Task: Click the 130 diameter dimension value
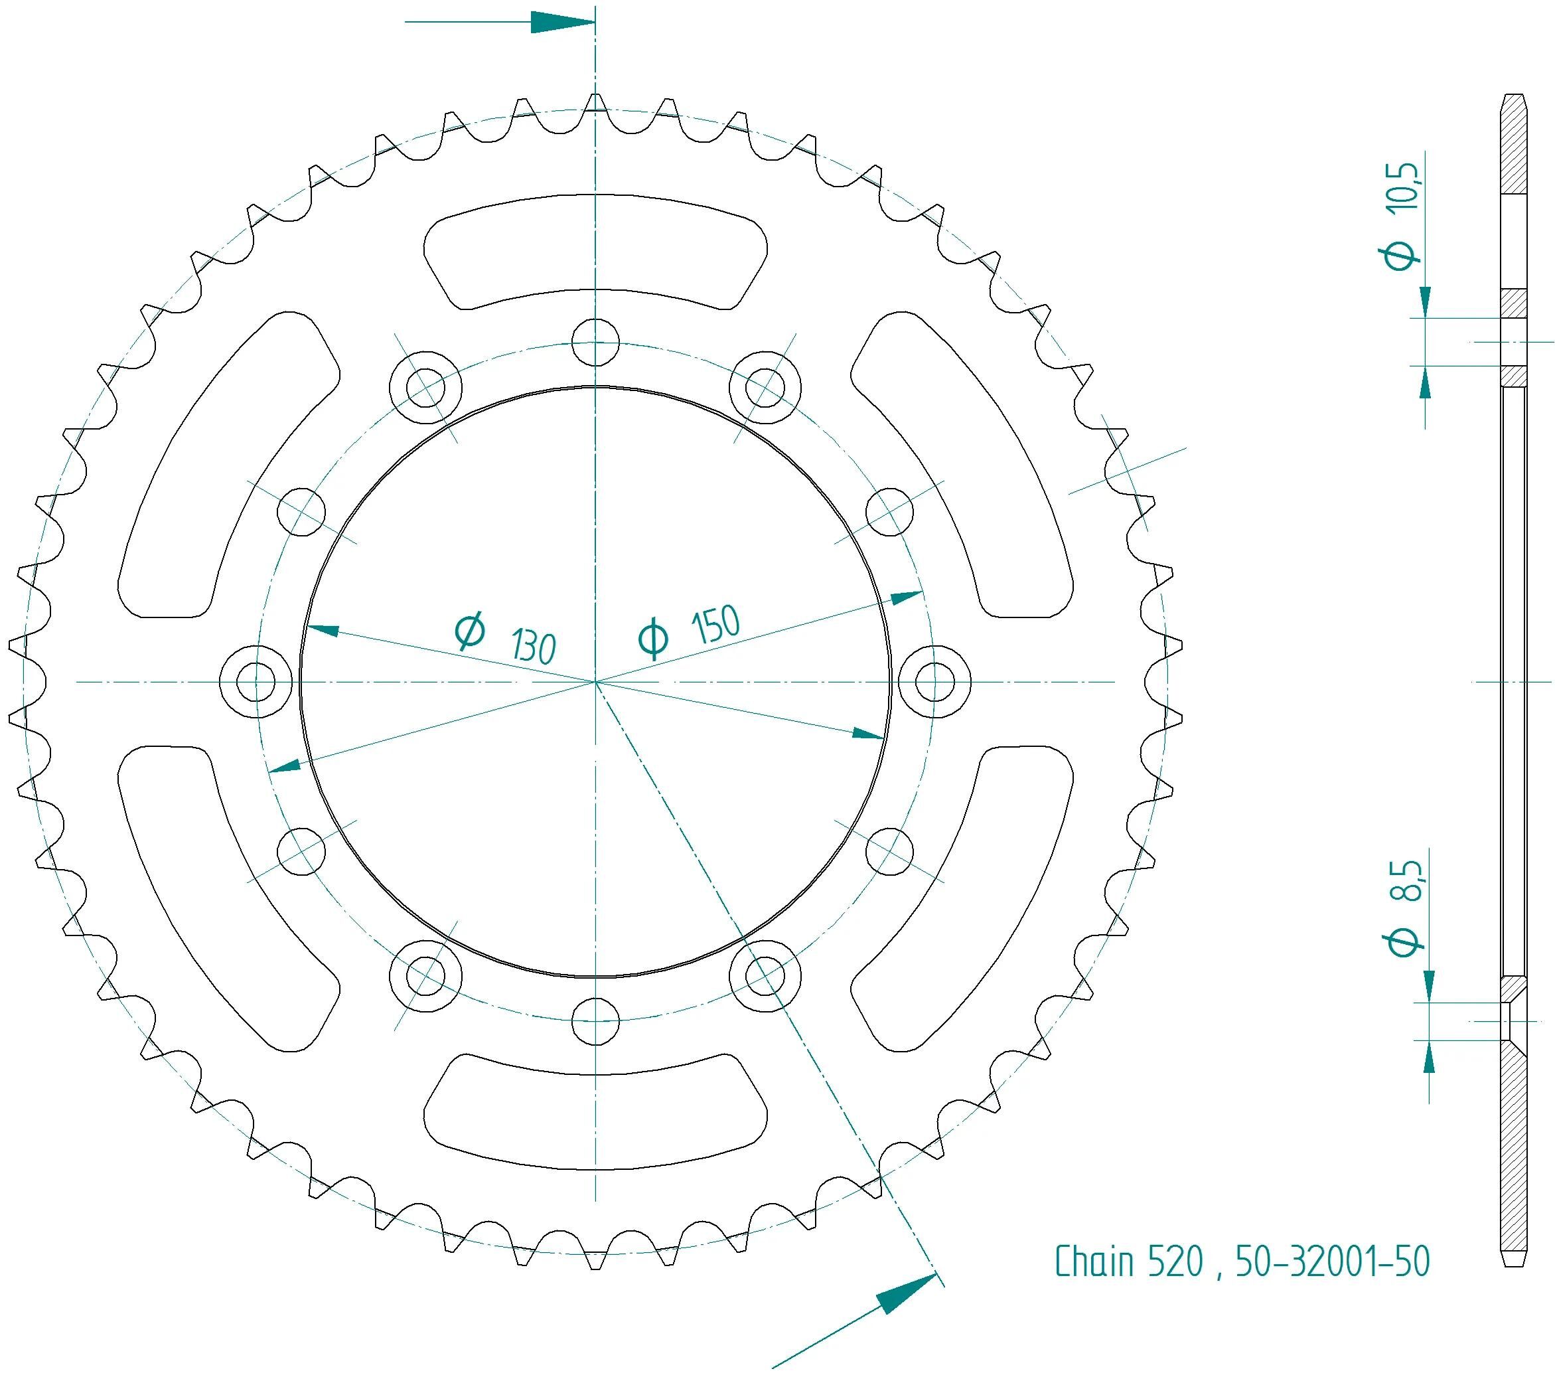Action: (x=534, y=646)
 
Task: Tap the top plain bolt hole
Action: (x=596, y=343)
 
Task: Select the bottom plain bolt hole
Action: (x=596, y=1021)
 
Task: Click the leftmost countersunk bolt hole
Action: (x=256, y=681)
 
